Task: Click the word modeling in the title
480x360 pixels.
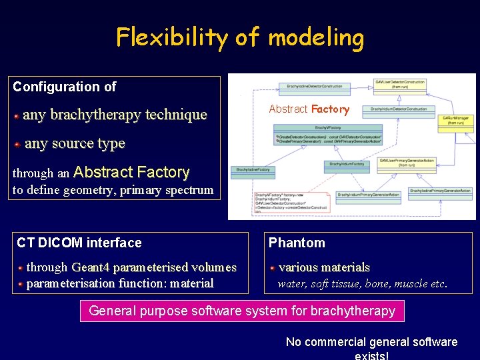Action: (x=316, y=37)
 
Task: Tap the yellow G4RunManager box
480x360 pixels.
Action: (x=457, y=120)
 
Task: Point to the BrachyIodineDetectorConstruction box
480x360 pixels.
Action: (x=314, y=86)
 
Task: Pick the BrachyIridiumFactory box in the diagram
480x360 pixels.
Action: (x=347, y=163)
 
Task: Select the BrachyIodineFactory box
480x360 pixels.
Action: (x=253, y=169)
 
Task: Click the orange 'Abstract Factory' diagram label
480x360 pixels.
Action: (x=309, y=109)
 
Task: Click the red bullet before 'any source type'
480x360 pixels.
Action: (x=17, y=143)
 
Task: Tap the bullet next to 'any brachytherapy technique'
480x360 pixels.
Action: (x=16, y=115)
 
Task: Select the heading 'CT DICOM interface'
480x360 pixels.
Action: (x=79, y=243)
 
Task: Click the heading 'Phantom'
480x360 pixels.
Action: (x=297, y=243)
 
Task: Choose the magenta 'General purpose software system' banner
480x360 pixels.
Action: (x=242, y=311)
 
